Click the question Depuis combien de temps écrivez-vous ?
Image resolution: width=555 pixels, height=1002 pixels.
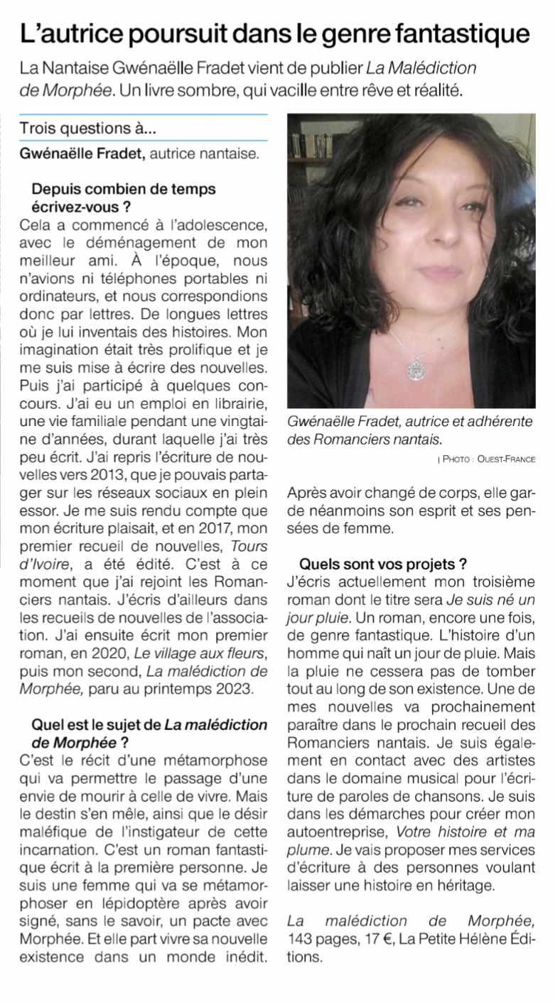click(123, 198)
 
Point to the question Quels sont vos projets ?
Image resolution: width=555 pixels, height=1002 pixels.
click(382, 565)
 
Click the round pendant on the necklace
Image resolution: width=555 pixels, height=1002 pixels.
click(414, 368)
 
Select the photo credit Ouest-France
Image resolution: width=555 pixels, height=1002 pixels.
click(507, 459)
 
